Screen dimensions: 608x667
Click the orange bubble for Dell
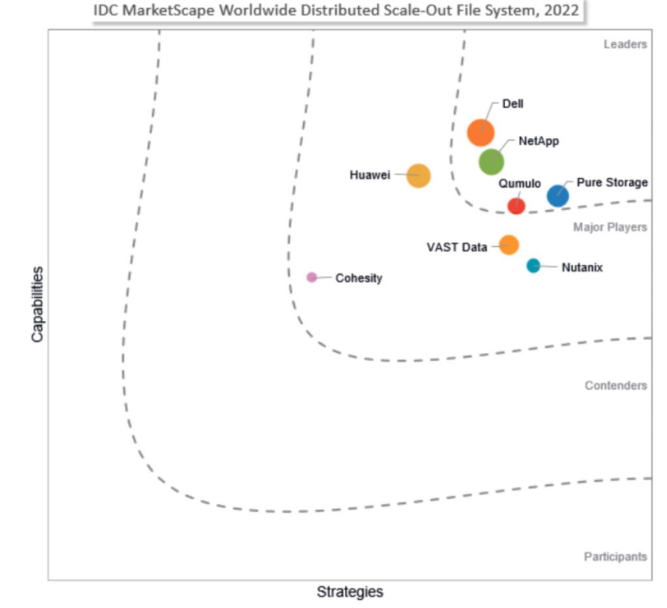481,132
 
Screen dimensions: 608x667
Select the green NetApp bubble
491,162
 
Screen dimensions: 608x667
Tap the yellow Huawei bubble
418,175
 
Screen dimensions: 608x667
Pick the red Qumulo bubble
516,205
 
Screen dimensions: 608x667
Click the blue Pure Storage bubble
557,195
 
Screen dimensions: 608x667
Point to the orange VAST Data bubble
509,245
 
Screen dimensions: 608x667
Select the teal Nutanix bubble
533,265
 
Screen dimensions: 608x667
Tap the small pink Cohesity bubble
311,277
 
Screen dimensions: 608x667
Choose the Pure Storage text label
612,182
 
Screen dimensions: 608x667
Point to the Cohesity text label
358,278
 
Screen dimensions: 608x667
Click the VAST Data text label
457,247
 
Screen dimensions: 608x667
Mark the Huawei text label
369,175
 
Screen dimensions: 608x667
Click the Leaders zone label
625,44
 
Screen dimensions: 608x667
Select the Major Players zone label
610,227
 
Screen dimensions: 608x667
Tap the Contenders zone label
616,385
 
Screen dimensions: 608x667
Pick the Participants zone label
615,557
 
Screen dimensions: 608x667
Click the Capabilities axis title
37,304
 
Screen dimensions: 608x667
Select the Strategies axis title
350,592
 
